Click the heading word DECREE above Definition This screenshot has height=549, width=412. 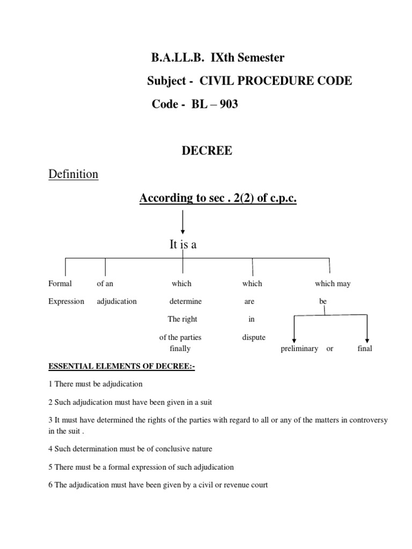(207, 151)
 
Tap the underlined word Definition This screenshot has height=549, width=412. (73, 174)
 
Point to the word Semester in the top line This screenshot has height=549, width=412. (260, 57)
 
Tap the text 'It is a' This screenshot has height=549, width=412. (183, 244)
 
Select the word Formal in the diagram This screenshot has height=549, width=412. (60, 284)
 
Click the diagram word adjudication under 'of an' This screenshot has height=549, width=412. (116, 301)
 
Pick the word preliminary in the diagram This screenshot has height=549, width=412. (299, 348)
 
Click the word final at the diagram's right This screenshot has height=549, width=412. (365, 348)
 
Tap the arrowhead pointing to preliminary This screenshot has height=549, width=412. (294, 339)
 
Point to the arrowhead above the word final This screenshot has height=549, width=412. (367, 339)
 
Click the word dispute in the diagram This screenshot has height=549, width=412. (254, 338)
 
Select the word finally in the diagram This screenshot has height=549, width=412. (180, 348)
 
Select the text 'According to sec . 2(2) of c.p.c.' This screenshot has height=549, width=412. (218, 198)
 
